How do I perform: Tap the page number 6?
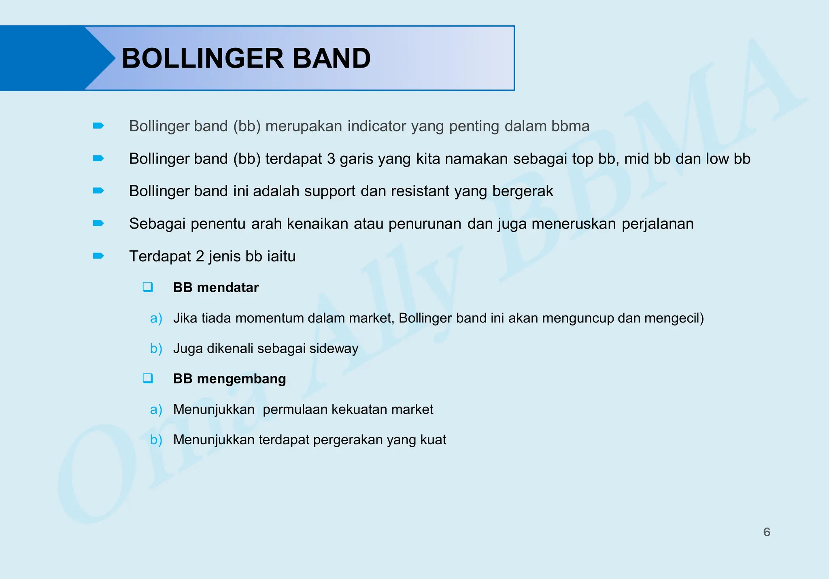[767, 532]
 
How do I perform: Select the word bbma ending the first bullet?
[570, 126]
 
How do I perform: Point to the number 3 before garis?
[331, 159]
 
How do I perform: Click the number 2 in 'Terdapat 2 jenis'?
[200, 257]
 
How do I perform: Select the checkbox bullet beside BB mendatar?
[148, 287]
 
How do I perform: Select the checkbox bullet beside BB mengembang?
[148, 379]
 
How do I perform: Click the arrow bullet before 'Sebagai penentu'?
[98, 223]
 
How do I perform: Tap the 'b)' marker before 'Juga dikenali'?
[156, 349]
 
